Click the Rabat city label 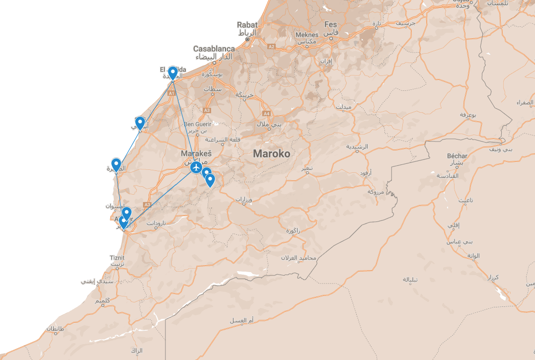247,24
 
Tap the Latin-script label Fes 330,24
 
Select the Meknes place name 306,35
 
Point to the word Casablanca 214,49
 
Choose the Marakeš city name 196,154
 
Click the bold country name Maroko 271,153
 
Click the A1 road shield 171,93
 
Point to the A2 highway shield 271,46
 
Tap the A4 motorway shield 266,113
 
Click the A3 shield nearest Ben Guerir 207,110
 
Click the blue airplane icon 197,168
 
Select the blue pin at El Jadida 172,72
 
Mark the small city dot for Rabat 247,39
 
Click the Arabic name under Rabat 247,33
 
